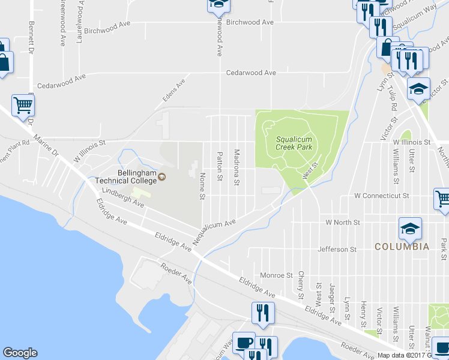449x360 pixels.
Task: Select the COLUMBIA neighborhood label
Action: pos(402,247)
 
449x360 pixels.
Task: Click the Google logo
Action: pos(20,353)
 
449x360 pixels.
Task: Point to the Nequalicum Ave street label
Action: pos(214,229)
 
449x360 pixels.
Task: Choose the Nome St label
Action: pos(202,186)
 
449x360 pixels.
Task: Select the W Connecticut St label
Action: pos(381,196)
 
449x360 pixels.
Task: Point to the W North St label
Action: pos(342,222)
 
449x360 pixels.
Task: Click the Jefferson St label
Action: pos(336,248)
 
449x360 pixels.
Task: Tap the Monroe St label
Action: pos(276,275)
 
